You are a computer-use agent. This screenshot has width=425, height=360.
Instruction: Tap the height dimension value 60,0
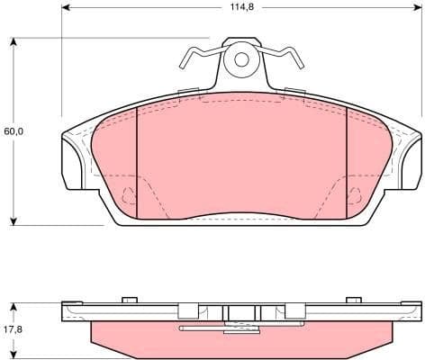coord(14,131)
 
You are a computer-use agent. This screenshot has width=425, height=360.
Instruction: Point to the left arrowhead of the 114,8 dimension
coord(66,7)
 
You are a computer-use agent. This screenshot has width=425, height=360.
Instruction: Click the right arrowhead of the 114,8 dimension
coord(418,7)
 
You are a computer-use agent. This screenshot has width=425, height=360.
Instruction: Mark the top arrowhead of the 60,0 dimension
coord(14,41)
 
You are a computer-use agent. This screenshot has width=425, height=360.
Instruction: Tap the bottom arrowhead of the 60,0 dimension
coord(14,220)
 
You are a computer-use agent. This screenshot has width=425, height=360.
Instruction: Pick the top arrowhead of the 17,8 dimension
coord(14,302)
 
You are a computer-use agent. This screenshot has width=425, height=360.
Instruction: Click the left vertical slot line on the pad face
coord(135,162)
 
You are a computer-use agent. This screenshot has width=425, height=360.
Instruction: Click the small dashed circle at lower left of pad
coord(128,192)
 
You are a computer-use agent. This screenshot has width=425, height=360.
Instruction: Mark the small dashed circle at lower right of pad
coord(355,192)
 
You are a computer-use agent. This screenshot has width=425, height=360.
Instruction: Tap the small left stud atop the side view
coord(130,299)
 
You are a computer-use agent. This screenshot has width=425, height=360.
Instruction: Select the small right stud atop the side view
coord(353,299)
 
